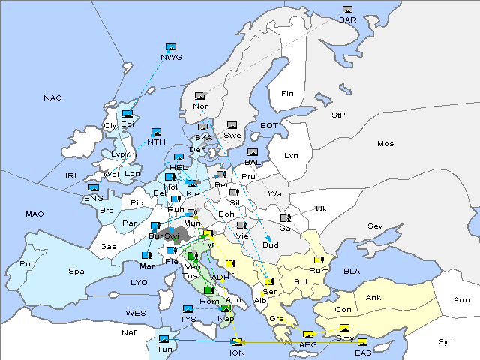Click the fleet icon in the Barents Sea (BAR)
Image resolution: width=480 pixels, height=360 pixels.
point(347,10)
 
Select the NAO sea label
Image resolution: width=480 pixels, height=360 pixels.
point(53,98)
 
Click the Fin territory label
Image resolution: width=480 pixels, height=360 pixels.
point(286,94)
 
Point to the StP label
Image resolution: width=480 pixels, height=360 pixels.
point(338,115)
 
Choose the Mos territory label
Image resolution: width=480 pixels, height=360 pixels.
point(385,143)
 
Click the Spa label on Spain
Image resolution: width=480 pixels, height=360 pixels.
point(76,271)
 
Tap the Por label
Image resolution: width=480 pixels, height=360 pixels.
point(28,264)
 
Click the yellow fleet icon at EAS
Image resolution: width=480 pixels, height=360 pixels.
point(362,343)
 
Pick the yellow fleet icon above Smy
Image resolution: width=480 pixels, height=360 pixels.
point(344,328)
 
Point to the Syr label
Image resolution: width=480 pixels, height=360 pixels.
point(445,341)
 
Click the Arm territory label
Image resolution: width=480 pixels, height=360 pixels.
point(461,300)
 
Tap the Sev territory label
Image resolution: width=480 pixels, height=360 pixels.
point(374,226)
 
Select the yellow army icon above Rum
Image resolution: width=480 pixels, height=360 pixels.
point(319,260)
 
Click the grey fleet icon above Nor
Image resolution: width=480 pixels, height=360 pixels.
point(199,96)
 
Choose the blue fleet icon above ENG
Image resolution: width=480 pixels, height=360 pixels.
point(94,188)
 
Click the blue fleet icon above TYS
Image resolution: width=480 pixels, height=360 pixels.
point(187,309)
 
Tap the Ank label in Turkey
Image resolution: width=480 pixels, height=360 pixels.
point(373,297)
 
